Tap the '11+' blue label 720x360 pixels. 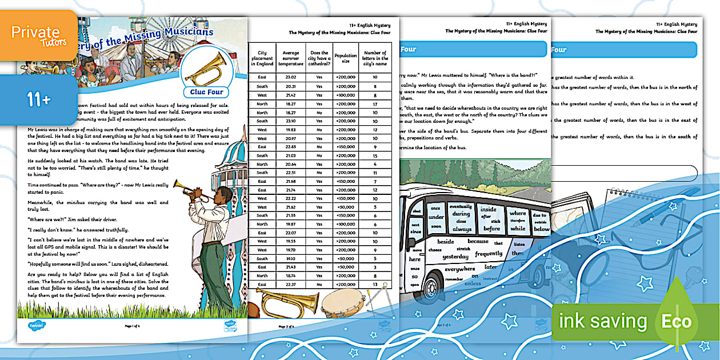coord(38,99)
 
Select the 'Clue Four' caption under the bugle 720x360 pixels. coord(206,92)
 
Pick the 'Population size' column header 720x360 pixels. coord(345,58)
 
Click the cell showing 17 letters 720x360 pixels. coord(375,104)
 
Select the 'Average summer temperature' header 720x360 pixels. coord(291,58)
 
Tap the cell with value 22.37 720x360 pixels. coord(291,285)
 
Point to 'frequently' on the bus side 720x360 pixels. coord(489,254)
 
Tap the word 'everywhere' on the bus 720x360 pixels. coord(459,269)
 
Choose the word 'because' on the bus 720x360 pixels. coord(478,241)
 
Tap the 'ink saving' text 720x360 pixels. coord(603,321)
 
